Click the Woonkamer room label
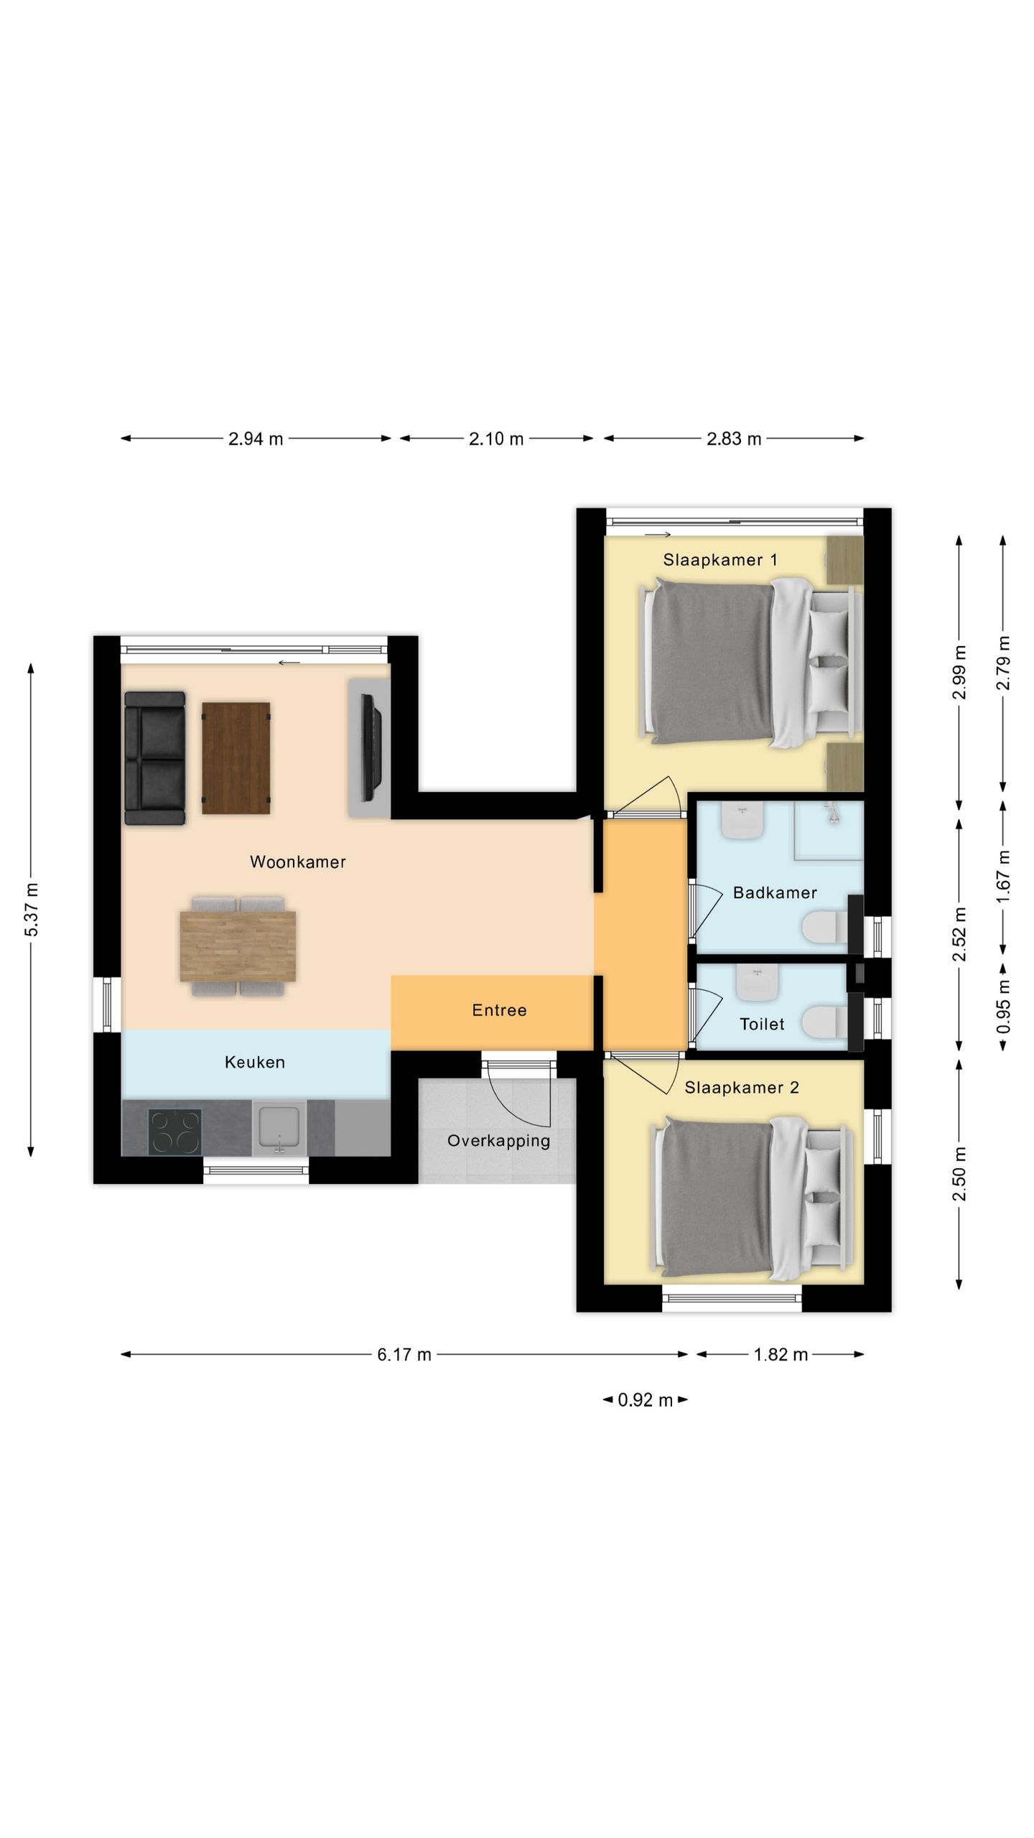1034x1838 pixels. pyautogui.click(x=297, y=862)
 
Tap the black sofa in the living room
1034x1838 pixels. pyautogui.click(x=154, y=757)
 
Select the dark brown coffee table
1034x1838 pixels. pyautogui.click(x=236, y=757)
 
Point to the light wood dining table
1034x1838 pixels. pyautogui.click(x=238, y=946)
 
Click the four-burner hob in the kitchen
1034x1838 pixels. pyautogui.click(x=174, y=1132)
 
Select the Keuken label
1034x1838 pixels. pyautogui.click(x=255, y=1062)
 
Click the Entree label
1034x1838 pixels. pyautogui.click(x=499, y=1010)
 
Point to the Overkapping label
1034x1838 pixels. pyautogui.click(x=498, y=1140)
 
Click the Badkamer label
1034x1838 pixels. pyautogui.click(x=775, y=892)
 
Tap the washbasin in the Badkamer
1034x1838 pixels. pyautogui.click(x=742, y=821)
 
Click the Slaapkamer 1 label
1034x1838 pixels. pyautogui.click(x=719, y=560)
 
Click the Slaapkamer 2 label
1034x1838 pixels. pyautogui.click(x=741, y=1088)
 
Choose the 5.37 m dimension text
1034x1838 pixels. pyautogui.click(x=32, y=910)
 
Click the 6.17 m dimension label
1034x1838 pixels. pyautogui.click(x=404, y=1354)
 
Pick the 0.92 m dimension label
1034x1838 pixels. pyautogui.click(x=645, y=1399)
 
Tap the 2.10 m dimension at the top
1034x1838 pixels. pyautogui.click(x=496, y=439)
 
